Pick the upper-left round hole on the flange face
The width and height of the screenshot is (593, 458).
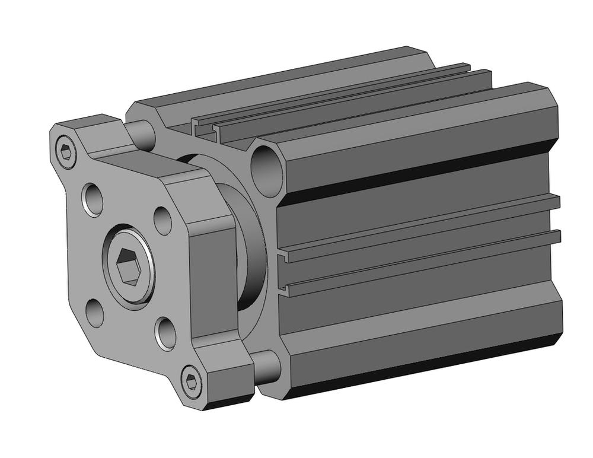coord(94,199)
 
